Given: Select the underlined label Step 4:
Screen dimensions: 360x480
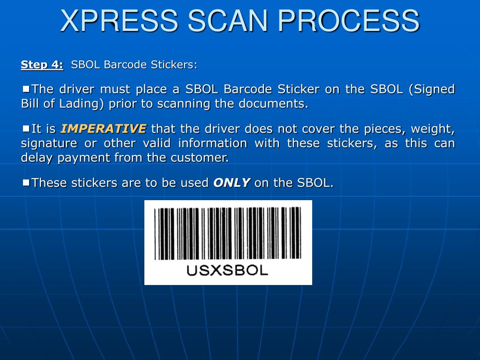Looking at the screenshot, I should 42,65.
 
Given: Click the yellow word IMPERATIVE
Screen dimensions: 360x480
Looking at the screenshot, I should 104,128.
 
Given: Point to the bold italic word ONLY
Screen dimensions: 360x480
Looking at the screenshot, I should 232,183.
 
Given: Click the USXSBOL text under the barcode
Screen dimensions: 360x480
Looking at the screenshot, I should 227,270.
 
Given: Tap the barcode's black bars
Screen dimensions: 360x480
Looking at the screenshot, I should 228,233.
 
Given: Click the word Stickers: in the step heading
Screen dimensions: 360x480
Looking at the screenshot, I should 174,65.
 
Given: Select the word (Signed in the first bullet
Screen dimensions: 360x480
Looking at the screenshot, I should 432,89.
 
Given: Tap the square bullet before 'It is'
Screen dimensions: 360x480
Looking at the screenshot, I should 26,127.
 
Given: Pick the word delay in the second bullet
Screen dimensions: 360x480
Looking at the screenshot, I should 37,157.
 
